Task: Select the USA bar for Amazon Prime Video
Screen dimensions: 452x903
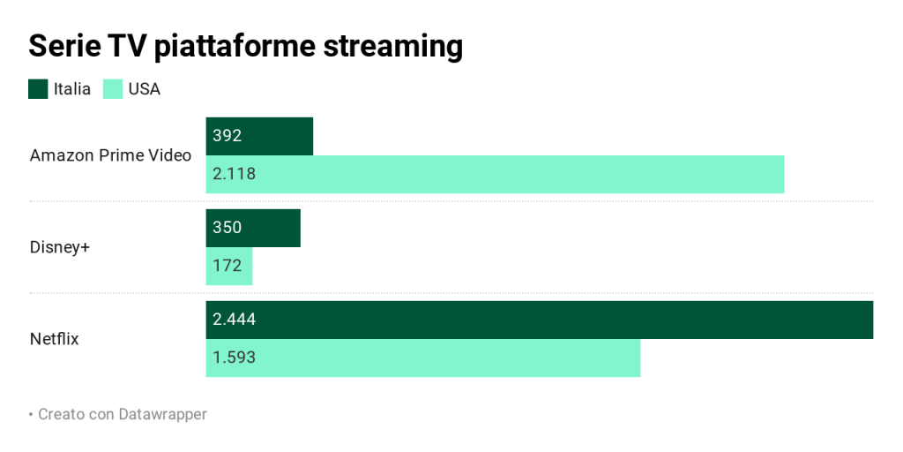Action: (529, 174)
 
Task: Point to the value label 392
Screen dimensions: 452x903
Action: (228, 136)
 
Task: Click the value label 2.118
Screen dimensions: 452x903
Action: (234, 174)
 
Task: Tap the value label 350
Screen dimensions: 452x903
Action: (228, 228)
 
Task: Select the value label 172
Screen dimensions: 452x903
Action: (228, 266)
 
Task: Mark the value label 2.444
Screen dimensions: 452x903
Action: (234, 320)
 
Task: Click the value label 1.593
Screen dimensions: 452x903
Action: (234, 358)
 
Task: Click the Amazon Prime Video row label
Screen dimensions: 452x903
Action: (110, 155)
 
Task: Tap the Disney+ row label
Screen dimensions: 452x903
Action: (60, 247)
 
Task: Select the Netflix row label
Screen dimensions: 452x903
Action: (55, 339)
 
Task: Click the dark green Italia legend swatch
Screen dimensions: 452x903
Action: (38, 89)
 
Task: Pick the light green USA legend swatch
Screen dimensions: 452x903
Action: (113, 89)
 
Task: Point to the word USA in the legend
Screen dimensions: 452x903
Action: (144, 89)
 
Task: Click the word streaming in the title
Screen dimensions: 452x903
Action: (392, 47)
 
